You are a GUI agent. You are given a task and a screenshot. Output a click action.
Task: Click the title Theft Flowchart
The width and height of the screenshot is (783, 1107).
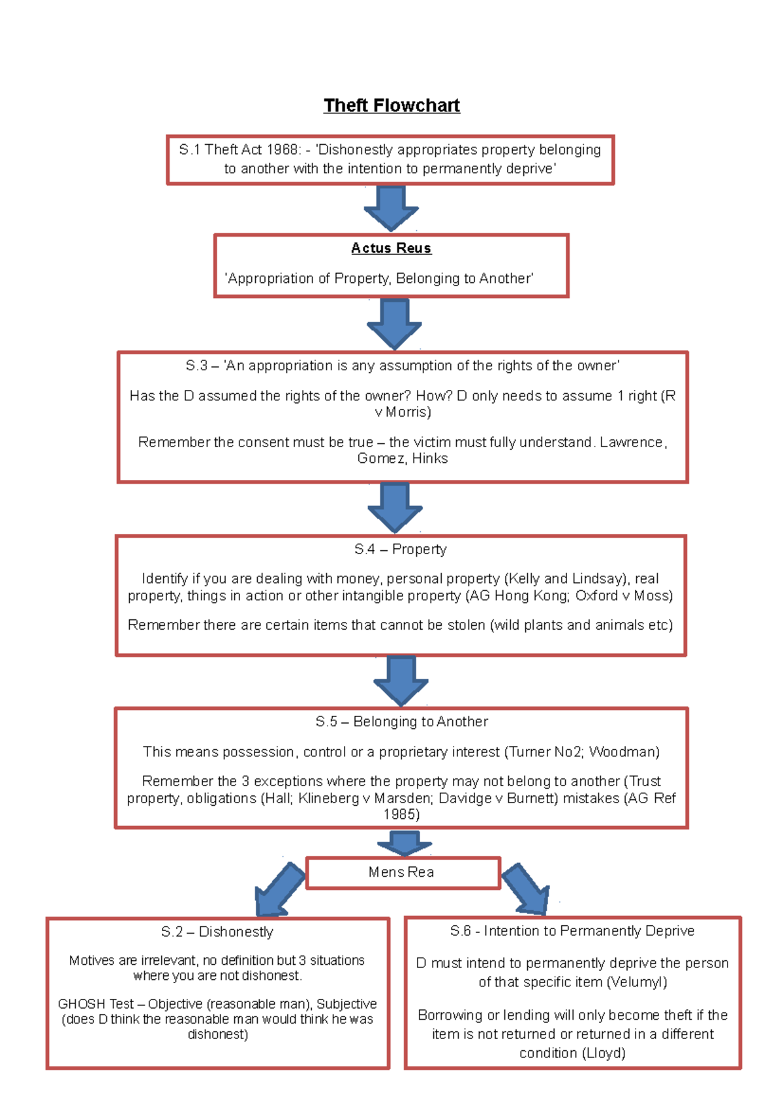(x=391, y=106)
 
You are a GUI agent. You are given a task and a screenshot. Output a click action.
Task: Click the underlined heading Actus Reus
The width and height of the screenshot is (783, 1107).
(x=391, y=248)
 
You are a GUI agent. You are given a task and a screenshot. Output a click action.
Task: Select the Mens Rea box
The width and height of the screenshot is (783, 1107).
(x=403, y=872)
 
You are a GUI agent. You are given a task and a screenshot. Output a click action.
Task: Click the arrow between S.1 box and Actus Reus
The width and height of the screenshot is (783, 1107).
(x=391, y=207)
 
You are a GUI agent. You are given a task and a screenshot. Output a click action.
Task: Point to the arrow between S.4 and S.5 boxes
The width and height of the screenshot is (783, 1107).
(x=401, y=681)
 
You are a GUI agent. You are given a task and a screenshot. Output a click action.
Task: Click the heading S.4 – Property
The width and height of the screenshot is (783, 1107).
(x=400, y=550)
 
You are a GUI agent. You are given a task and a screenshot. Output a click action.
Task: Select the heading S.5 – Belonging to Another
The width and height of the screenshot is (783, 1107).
(x=401, y=722)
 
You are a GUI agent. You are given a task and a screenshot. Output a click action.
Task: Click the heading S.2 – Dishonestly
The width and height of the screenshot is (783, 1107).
(x=217, y=932)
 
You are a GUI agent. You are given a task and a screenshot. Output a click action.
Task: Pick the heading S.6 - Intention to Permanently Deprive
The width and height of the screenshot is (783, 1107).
(x=572, y=931)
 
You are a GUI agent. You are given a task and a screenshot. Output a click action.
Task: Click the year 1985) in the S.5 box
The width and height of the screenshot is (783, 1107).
(x=401, y=815)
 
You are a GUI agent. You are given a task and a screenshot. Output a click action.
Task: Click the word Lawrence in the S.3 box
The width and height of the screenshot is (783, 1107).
(x=632, y=443)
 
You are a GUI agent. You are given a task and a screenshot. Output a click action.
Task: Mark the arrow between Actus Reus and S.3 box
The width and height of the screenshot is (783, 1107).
(x=394, y=323)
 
